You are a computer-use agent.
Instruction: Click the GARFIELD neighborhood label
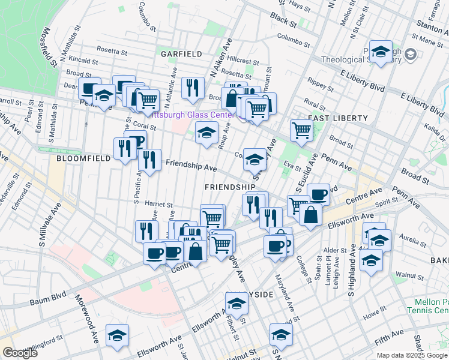tap(181, 53)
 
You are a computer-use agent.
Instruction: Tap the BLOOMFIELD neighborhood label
tap(83, 159)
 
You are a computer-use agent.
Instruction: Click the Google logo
tap(20, 353)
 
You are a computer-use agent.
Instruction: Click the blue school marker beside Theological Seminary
tap(381, 52)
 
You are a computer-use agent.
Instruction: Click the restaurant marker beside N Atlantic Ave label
tap(193, 88)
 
